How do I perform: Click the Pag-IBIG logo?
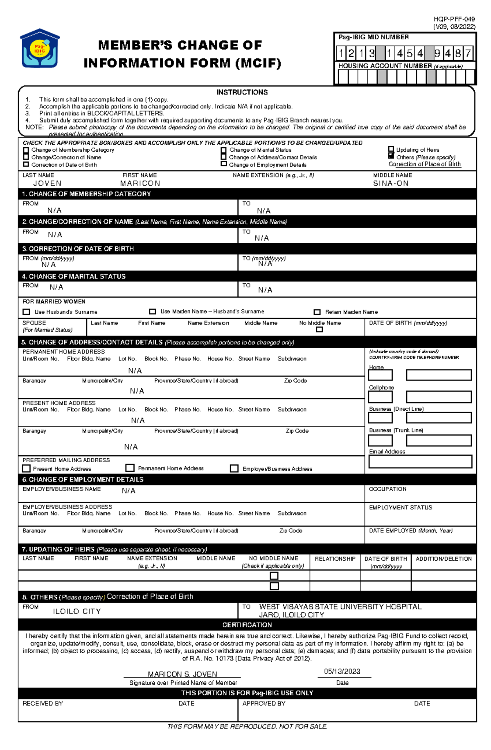(40, 49)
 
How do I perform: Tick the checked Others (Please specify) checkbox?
(391, 157)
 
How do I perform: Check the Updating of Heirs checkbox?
(391, 150)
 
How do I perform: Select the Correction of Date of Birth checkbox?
(26, 164)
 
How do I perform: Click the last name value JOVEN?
(47, 184)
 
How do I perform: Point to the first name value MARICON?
(140, 184)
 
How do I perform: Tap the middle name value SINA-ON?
(390, 184)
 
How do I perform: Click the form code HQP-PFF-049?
(454, 19)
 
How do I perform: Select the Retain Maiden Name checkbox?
(317, 312)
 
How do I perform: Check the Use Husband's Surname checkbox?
(27, 312)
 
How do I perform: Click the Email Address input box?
(420, 461)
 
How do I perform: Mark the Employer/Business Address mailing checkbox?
(234, 468)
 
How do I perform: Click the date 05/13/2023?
(342, 672)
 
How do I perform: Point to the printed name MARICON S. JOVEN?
(182, 674)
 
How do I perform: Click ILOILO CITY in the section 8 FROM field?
(77, 611)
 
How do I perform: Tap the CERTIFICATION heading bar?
(247, 625)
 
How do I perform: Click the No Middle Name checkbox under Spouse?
(320, 329)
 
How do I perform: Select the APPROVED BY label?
(264, 703)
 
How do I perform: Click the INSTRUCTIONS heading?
(242, 92)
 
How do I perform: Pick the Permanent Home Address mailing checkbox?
(130, 468)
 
